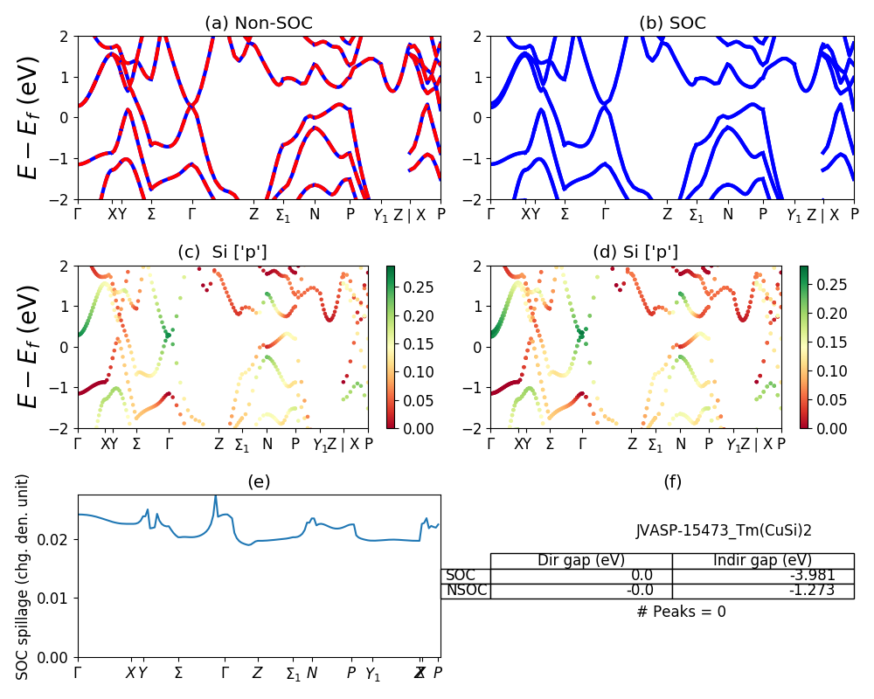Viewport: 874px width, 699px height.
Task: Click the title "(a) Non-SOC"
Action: tap(259, 23)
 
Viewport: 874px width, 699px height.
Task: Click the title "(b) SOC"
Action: tap(672, 23)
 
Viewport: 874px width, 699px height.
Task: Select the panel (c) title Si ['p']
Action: tap(222, 253)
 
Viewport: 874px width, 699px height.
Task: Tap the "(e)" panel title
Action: tap(259, 481)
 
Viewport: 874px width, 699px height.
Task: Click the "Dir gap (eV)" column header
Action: tap(581, 561)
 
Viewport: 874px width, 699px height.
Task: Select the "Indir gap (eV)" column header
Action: tap(762, 561)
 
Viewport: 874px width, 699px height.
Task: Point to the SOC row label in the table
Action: tap(461, 576)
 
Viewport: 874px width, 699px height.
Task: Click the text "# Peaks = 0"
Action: tap(681, 612)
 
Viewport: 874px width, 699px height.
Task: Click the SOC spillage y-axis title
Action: tap(24, 577)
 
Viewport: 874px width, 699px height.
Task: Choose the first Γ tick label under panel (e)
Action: tap(78, 673)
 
